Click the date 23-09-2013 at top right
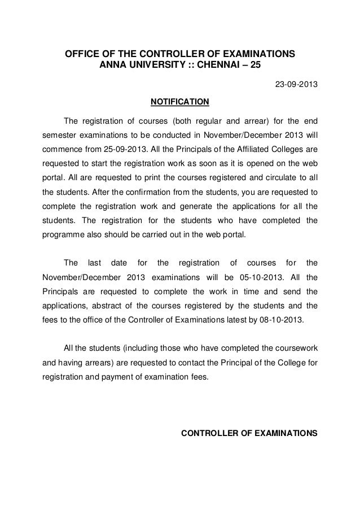click(296, 86)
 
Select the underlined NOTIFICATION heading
click(178, 102)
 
